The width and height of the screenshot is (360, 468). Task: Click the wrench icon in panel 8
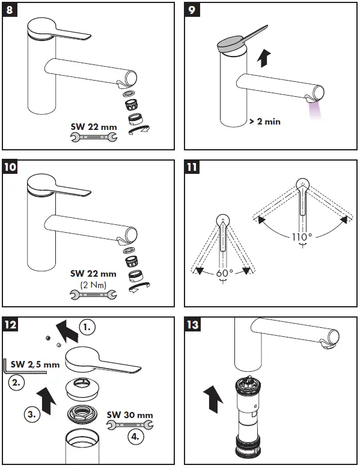click(x=94, y=137)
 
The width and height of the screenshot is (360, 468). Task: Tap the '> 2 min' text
click(x=264, y=122)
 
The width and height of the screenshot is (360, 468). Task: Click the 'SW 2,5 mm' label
click(x=35, y=365)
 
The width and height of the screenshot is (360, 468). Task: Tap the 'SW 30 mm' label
click(x=130, y=415)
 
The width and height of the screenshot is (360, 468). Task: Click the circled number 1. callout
click(x=88, y=327)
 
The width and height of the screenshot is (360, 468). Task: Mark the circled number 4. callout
click(x=136, y=437)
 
